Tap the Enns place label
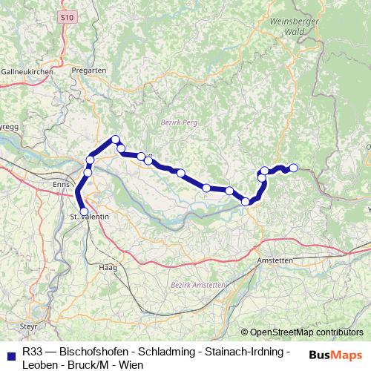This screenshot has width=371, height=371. [60, 182]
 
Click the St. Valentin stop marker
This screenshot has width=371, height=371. [84, 211]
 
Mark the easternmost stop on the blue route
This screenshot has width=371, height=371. [293, 168]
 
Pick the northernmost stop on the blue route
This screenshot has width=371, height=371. [116, 139]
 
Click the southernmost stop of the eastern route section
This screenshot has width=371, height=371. [246, 201]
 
